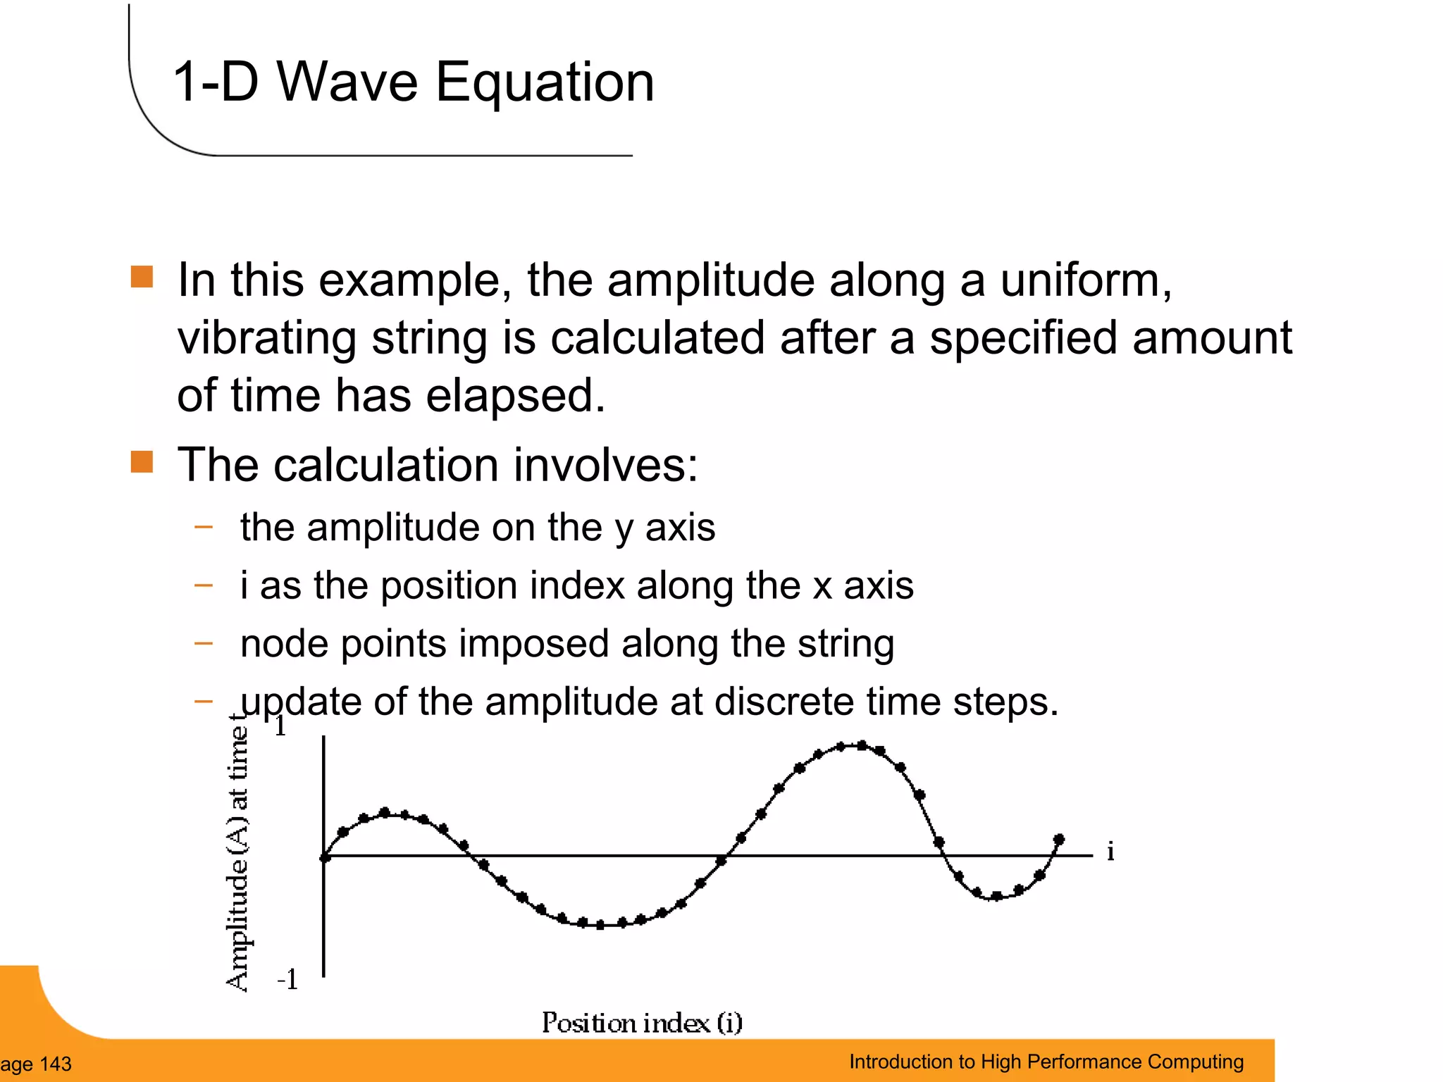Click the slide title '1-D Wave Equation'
click(x=414, y=82)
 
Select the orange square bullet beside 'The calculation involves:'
click(x=142, y=462)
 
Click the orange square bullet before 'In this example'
click(x=142, y=277)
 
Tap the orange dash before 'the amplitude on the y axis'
click(x=204, y=526)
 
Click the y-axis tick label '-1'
click(x=287, y=980)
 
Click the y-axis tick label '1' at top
click(x=280, y=726)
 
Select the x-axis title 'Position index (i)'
click(x=642, y=1023)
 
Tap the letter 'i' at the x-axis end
click(x=1110, y=852)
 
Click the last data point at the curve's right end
click(x=1059, y=840)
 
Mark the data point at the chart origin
click(x=325, y=857)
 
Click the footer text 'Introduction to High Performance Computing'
click(x=1046, y=1062)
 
